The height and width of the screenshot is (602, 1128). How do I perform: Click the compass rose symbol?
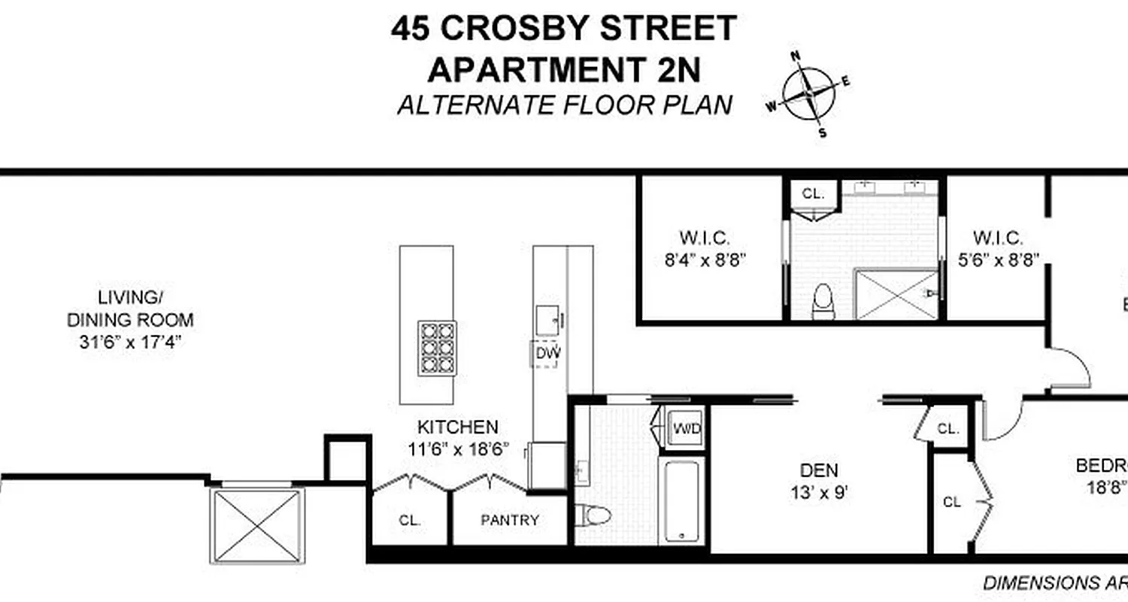pyautogui.click(x=808, y=93)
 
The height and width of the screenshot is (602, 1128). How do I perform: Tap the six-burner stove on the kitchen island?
pyautogui.click(x=437, y=348)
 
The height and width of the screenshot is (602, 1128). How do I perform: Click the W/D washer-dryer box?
pyautogui.click(x=687, y=430)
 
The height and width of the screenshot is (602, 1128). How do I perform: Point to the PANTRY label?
pyautogui.click(x=510, y=520)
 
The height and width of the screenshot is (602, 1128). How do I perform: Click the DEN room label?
pyautogui.click(x=819, y=470)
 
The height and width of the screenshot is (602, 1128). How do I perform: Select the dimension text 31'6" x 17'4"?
pyautogui.click(x=131, y=342)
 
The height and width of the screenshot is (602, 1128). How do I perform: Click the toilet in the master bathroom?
pyautogui.click(x=823, y=301)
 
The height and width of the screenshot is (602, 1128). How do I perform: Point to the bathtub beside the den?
pyautogui.click(x=682, y=500)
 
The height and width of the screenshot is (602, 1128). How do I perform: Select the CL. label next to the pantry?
pyautogui.click(x=411, y=520)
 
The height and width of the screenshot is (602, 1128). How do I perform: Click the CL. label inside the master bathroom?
pyautogui.click(x=813, y=193)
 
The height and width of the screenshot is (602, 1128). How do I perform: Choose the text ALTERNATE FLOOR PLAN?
pyautogui.click(x=564, y=105)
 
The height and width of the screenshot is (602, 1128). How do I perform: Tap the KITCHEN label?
pyautogui.click(x=457, y=427)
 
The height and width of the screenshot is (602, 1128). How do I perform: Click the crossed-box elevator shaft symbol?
pyautogui.click(x=256, y=524)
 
